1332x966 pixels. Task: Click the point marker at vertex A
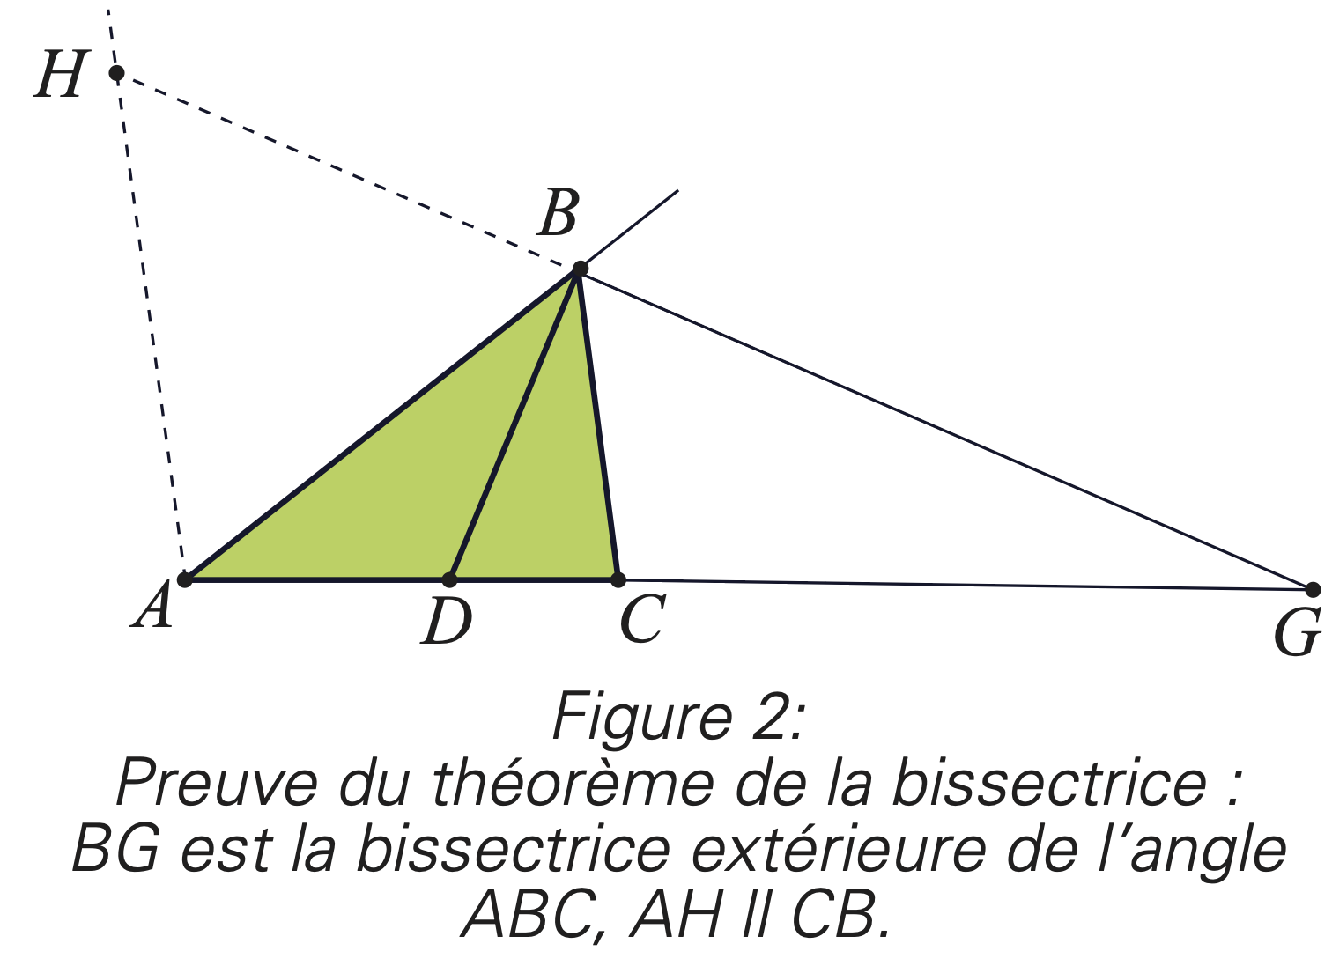click(x=185, y=579)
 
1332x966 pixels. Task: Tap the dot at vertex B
click(x=580, y=269)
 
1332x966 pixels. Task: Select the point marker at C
click(x=618, y=579)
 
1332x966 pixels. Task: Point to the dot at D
click(x=449, y=579)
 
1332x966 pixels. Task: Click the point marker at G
click(x=1313, y=589)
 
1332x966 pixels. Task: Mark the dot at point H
click(x=116, y=72)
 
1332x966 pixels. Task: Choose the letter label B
click(x=559, y=214)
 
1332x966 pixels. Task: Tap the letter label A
click(x=154, y=608)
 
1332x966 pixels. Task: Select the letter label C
click(x=641, y=619)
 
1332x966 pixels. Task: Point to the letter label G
click(x=1298, y=632)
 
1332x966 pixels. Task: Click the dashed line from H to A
click(x=150, y=326)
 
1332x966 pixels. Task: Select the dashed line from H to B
click(x=348, y=171)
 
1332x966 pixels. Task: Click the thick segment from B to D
click(x=514, y=424)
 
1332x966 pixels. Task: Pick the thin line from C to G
click(x=965, y=585)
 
